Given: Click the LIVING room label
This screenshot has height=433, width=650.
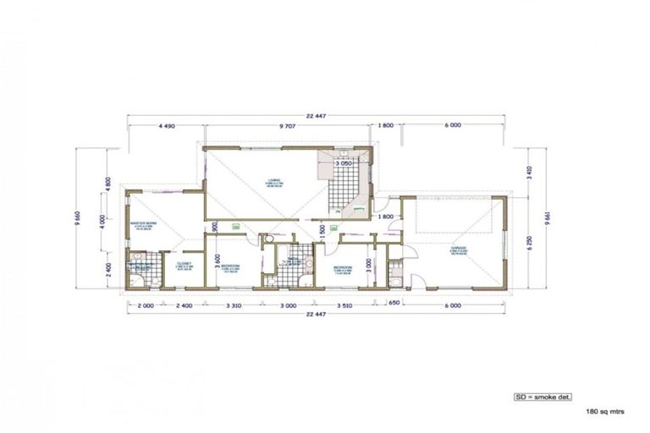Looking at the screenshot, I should (274, 180).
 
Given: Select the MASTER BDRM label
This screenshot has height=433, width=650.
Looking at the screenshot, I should (140, 225).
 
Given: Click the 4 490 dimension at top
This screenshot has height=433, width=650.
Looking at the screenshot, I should (166, 125).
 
